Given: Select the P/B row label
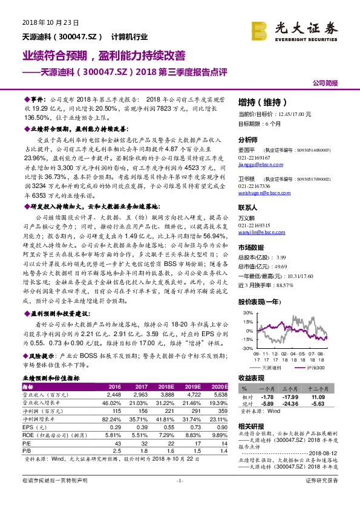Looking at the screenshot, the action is (28, 450).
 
